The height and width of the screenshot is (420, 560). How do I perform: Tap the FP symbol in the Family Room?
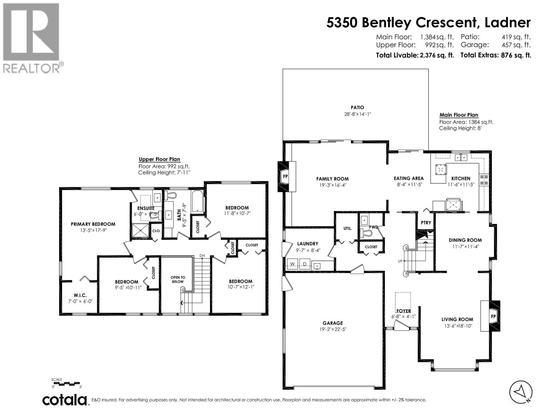pos(285,176)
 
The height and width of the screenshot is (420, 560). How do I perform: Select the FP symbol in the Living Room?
pos(493,316)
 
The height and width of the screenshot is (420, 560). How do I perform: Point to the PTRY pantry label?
pos(426,223)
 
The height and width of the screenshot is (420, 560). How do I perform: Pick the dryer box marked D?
pos(304,264)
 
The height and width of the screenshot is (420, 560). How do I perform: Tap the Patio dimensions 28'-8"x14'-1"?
pos(357,114)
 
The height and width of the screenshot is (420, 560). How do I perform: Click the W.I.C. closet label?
pos(80,295)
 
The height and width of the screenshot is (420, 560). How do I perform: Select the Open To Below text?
pos(178,279)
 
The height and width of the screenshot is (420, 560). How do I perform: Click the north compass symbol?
pos(521,391)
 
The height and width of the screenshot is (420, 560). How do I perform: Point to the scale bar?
pos(66,384)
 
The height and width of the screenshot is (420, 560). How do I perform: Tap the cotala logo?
pos(65,400)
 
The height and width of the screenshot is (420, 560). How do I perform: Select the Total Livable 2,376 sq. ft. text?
pos(415,55)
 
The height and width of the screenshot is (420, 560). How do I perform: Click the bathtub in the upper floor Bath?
pos(198,201)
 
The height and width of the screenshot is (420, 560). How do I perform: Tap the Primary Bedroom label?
pos(93,224)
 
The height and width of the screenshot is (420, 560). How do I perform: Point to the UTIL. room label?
pos(348,228)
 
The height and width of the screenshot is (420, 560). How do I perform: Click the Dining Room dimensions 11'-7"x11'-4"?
pos(465,246)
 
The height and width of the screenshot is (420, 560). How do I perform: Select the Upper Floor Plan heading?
pos(159,159)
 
